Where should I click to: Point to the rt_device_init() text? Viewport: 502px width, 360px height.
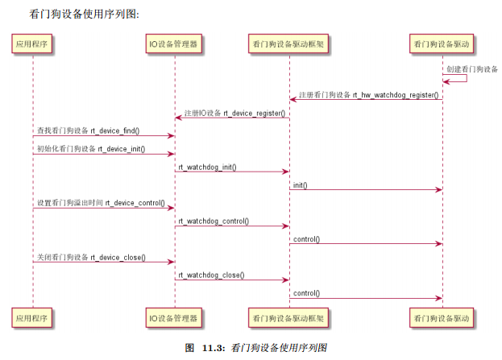coord(122,149)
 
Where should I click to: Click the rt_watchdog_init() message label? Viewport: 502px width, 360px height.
coord(208,167)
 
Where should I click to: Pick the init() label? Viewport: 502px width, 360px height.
coord(300,185)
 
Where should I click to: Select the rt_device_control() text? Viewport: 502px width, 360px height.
coord(135,203)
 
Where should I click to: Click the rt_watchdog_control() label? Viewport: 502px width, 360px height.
coord(214,221)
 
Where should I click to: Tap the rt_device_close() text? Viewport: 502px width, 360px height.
coord(118,257)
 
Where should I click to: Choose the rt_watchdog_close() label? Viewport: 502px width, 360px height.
coord(211,275)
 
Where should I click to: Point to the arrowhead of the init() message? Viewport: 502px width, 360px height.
coord(438,190)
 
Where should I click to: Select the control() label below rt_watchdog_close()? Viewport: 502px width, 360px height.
coord(306,293)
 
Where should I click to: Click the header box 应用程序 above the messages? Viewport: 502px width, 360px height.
coord(33,43)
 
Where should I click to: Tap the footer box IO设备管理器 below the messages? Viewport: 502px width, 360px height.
coord(174,318)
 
